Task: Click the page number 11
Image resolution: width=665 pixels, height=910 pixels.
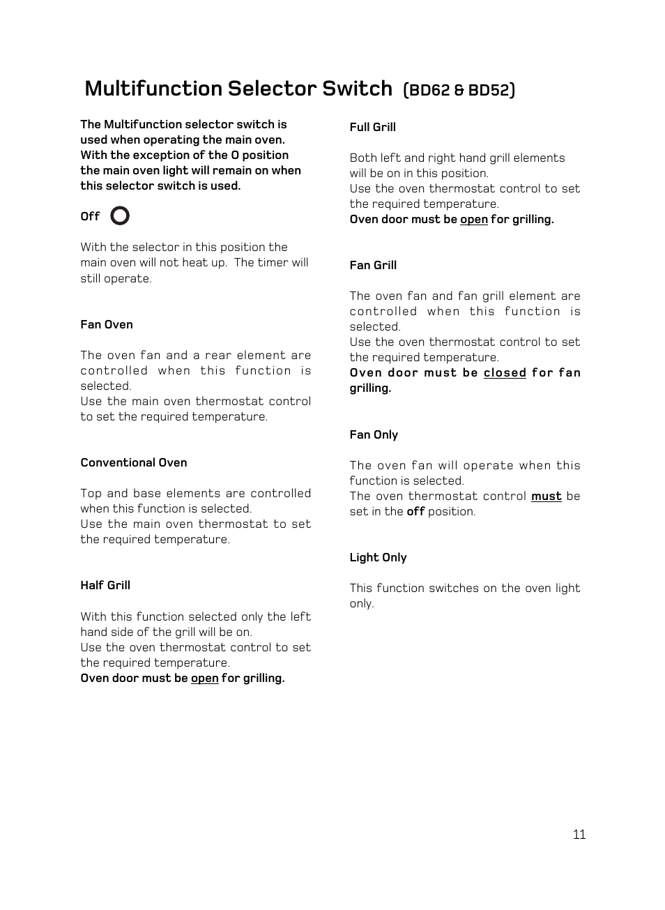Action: tap(579, 835)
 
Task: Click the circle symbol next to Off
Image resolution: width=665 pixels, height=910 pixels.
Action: tap(120, 216)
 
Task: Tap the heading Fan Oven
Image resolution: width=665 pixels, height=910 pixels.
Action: tap(107, 324)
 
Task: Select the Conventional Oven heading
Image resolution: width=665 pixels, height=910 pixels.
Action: tap(134, 462)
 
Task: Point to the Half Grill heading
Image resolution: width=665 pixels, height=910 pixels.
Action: tap(105, 585)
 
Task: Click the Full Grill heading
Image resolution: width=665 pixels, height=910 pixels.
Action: tap(372, 127)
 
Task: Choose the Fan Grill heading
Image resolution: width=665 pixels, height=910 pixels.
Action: tap(373, 265)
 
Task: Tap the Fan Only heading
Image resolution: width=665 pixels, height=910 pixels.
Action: tap(374, 434)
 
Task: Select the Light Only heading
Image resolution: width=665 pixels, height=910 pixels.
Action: tap(378, 557)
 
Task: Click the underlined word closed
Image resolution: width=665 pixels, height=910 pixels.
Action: tap(505, 372)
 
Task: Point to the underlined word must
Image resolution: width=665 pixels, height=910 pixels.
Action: tap(546, 496)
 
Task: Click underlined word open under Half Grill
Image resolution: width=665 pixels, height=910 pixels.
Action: tap(205, 678)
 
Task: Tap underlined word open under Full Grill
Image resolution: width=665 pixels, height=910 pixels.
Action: tap(474, 219)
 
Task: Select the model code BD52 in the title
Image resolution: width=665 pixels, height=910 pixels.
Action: tap(489, 90)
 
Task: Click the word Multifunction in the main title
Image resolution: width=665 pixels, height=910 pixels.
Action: tap(153, 89)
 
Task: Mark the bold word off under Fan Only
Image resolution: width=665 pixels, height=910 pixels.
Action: tap(415, 511)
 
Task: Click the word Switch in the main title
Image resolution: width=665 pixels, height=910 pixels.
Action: tap(357, 89)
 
